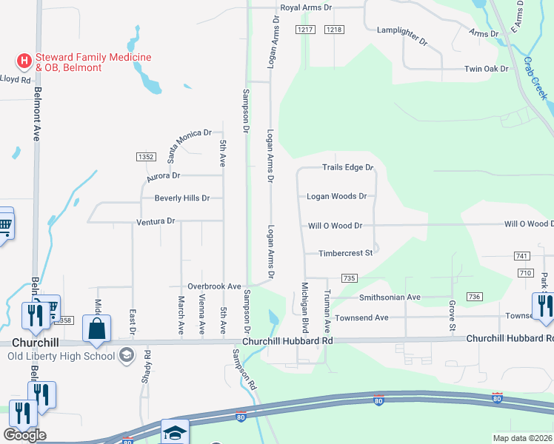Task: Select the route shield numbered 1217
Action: click(x=305, y=29)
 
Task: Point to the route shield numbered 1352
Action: click(x=146, y=157)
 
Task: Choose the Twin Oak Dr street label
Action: click(x=486, y=69)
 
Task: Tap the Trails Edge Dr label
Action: click(x=347, y=167)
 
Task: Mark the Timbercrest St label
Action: click(x=344, y=253)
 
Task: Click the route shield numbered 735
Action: click(x=350, y=277)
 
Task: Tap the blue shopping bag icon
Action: click(x=97, y=329)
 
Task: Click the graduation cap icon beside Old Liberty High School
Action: click(x=127, y=355)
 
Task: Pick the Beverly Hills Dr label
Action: click(x=181, y=198)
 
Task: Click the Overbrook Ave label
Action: click(x=214, y=286)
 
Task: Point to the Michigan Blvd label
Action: click(x=304, y=306)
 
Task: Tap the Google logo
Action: click(x=24, y=435)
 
